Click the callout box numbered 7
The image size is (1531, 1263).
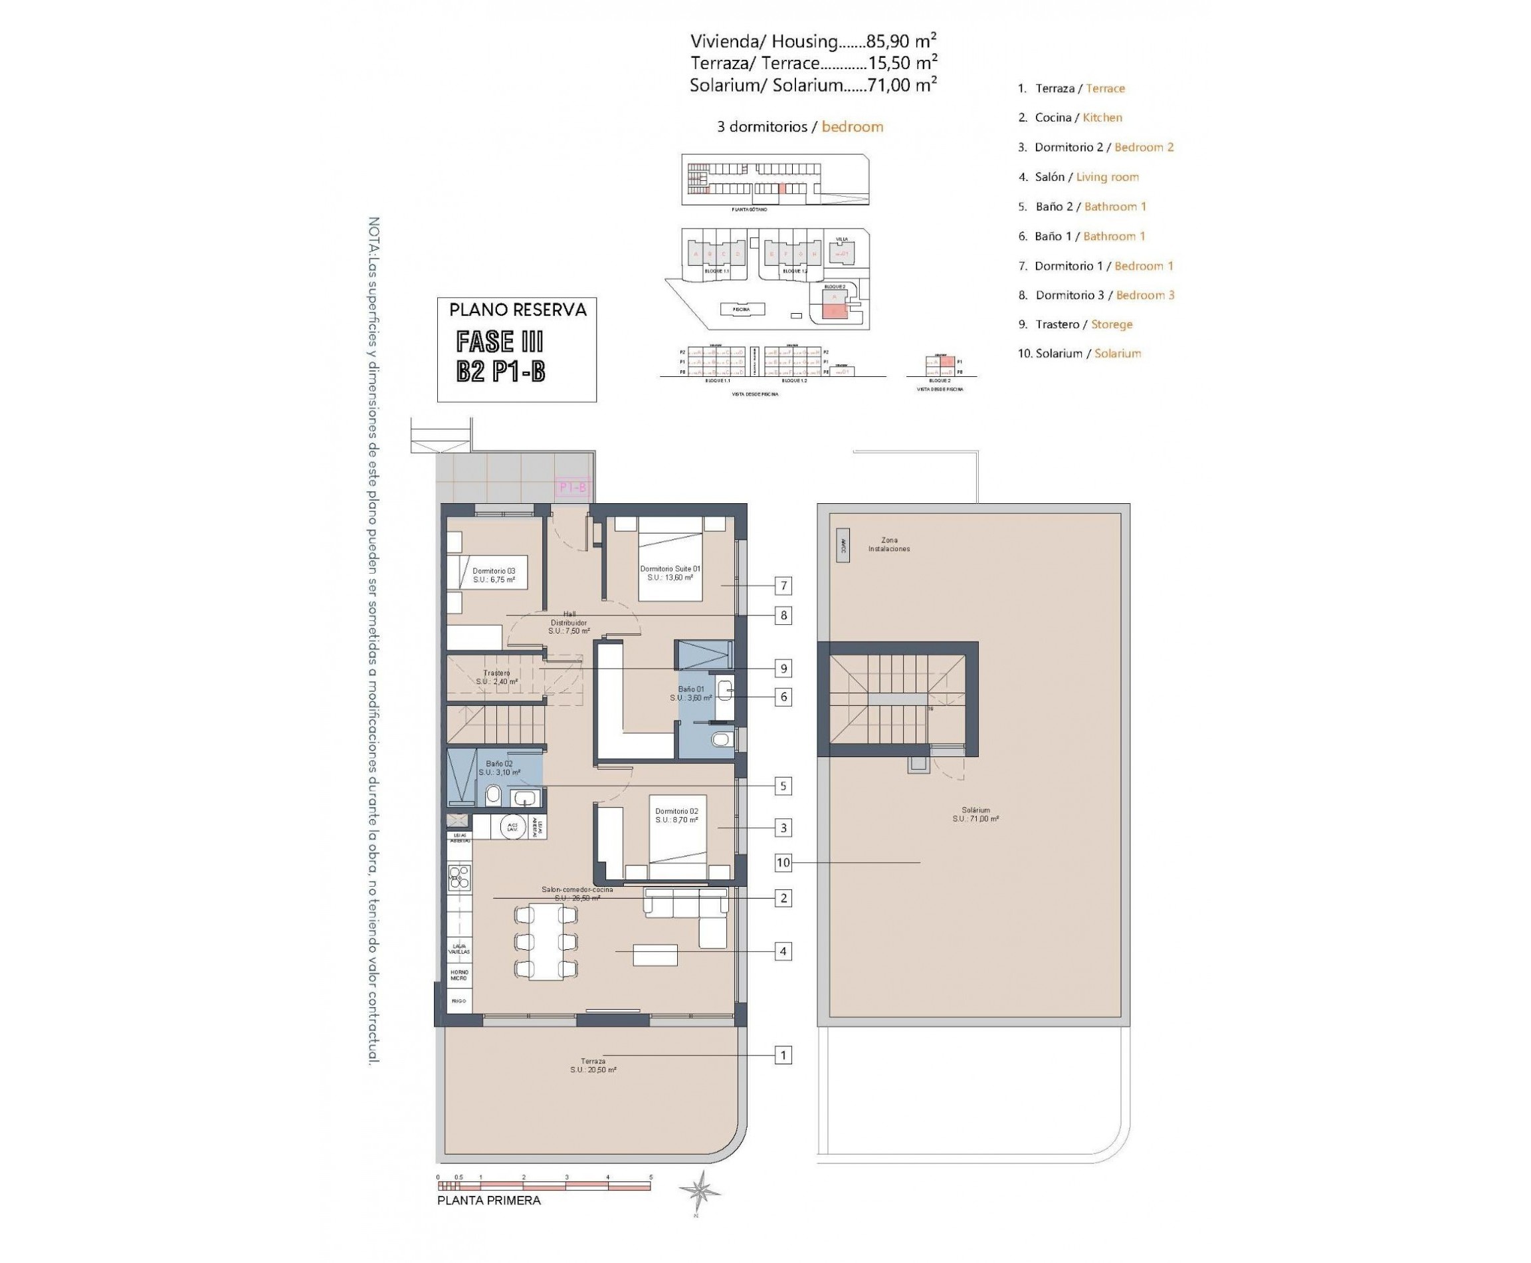(x=783, y=585)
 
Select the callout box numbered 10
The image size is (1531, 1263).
(x=783, y=862)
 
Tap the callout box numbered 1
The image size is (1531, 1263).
(x=783, y=1054)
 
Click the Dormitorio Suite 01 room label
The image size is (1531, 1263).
(x=669, y=572)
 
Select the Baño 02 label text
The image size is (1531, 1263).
(x=499, y=768)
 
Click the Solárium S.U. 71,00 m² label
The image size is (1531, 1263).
(x=975, y=814)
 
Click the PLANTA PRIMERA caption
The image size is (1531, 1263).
(x=489, y=1201)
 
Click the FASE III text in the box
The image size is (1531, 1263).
(x=499, y=341)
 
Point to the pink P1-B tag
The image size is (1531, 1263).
(x=571, y=487)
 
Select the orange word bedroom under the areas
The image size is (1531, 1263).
(x=852, y=126)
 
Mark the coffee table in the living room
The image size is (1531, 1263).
(x=655, y=955)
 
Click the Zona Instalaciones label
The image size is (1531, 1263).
(x=888, y=544)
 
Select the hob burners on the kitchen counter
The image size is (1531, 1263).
(x=459, y=877)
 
